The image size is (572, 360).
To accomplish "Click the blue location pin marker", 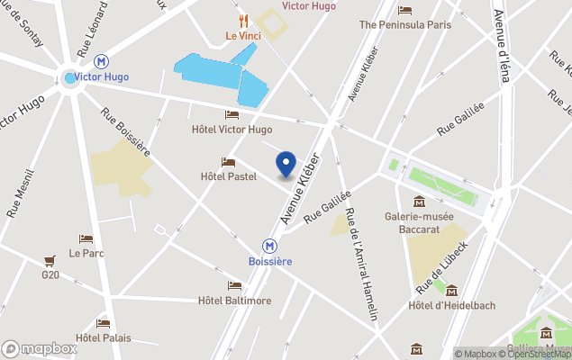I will [285, 164].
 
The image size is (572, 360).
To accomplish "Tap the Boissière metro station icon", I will [268, 245].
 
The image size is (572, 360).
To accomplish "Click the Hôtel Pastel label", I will [229, 176].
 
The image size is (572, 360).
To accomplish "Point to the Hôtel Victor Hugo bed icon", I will [232, 114].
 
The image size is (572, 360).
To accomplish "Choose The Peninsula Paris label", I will [404, 25].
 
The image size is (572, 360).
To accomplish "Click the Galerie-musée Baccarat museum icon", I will [419, 201].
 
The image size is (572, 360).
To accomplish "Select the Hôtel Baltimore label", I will [234, 301].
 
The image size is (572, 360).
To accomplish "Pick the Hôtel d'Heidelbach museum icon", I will [451, 291].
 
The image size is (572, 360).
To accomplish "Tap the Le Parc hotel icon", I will [86, 238].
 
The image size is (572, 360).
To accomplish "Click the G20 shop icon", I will [50, 261].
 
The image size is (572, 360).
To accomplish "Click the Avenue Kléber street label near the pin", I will [300, 188].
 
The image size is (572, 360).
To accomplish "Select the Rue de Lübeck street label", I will [441, 266].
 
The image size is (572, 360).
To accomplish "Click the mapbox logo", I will [39, 348].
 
